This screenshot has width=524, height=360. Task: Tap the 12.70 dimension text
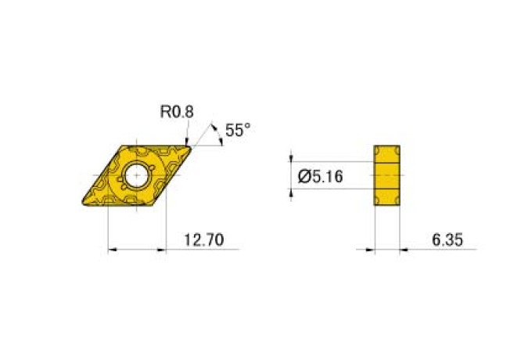tap(203, 240)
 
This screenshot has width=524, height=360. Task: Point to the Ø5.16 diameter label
tap(321, 178)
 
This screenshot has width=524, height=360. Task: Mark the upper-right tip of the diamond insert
tap(190, 145)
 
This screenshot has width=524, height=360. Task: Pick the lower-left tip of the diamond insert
tap(83, 204)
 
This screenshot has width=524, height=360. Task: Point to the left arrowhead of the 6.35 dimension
tap(370, 250)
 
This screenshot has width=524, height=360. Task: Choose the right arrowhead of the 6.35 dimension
tap(404, 250)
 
